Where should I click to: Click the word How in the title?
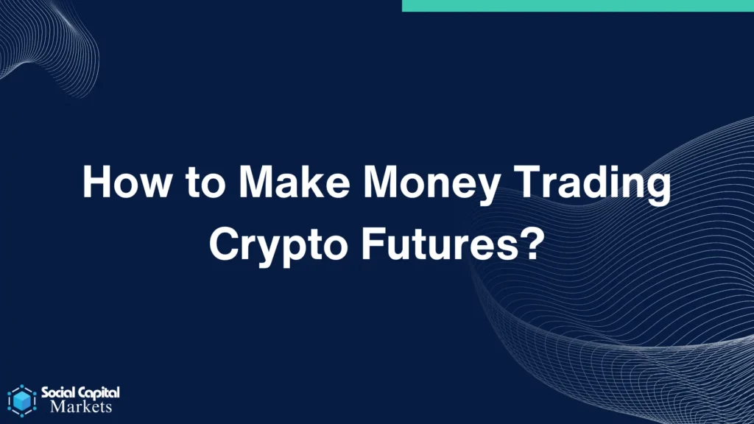(127, 182)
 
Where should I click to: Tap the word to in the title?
(205, 183)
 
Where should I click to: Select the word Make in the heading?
(294, 182)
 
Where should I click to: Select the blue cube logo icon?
(22, 400)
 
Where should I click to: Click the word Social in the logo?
(58, 393)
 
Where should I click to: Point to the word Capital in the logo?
(99, 393)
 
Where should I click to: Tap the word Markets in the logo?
(81, 406)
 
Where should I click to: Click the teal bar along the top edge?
(578, 6)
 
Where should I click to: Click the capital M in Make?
(258, 182)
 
